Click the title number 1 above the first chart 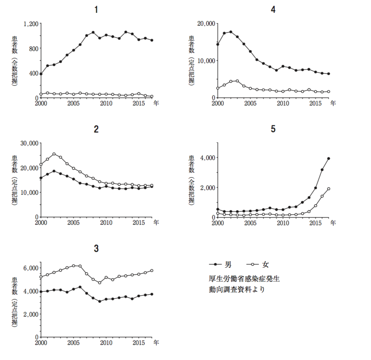pyautogui.click(x=97, y=10)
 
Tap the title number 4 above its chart pyautogui.click(x=273, y=10)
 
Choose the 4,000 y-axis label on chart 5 pyautogui.click(x=207, y=158)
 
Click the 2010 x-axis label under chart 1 pyautogui.click(x=106, y=103)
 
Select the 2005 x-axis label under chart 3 pyautogui.click(x=73, y=343)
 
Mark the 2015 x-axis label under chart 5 pyautogui.click(x=315, y=223)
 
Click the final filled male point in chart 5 pyautogui.click(x=328, y=158)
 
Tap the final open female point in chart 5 pyautogui.click(x=328, y=189)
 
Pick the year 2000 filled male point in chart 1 pyautogui.click(x=41, y=74)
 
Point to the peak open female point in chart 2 pyautogui.click(x=54, y=154)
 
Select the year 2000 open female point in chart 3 pyautogui.click(x=41, y=277)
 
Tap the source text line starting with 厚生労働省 pyautogui.click(x=243, y=278)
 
